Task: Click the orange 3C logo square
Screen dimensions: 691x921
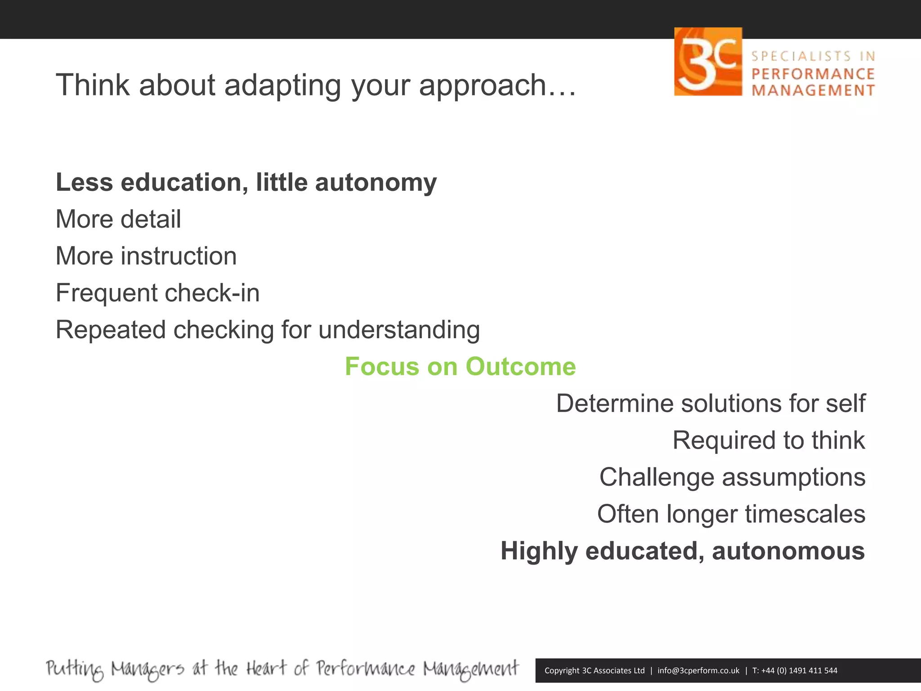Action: [x=708, y=62]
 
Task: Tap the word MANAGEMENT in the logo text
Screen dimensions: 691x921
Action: [x=813, y=90]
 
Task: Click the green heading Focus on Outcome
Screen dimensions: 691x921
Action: [x=460, y=366]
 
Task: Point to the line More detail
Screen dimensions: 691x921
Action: [x=118, y=219]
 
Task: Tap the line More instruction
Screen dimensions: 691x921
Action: [x=146, y=256]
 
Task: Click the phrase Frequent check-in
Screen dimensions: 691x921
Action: [x=157, y=293]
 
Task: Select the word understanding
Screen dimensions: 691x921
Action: [x=399, y=330]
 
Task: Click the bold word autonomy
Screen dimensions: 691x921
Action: [x=376, y=183]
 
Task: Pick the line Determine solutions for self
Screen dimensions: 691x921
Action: [x=710, y=403]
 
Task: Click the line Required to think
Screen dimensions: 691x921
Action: [x=768, y=440]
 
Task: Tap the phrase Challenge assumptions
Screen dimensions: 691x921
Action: [x=732, y=477]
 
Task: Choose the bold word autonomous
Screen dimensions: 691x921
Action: [x=788, y=551]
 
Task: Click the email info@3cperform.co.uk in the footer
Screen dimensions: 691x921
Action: [x=698, y=670]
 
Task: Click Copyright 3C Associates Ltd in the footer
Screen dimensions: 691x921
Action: [x=594, y=670]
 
